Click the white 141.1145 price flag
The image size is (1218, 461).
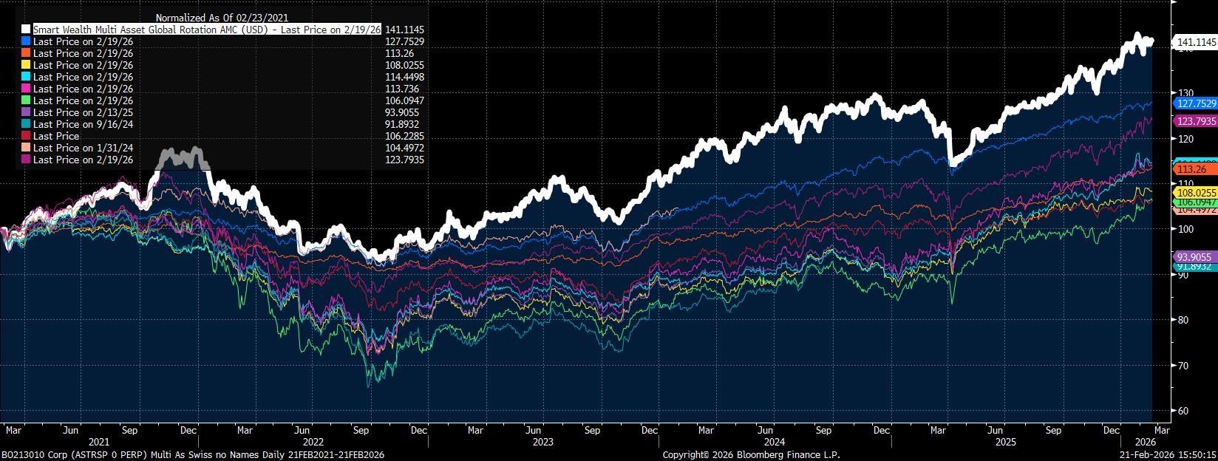[x=1194, y=43]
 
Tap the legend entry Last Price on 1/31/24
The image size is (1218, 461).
[x=84, y=148]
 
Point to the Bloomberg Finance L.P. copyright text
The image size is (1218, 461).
[x=751, y=455]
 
